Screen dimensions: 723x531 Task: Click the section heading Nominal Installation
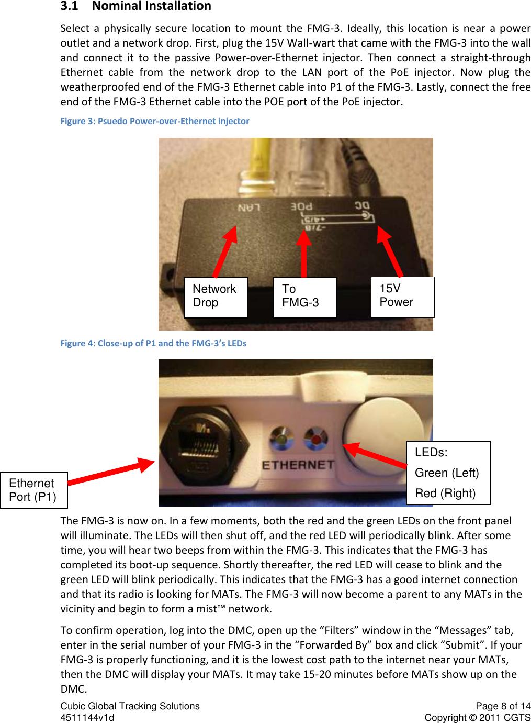tap(151, 6)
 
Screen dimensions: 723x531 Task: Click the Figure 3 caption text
tap(155, 121)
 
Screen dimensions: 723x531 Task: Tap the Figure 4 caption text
tap(153, 343)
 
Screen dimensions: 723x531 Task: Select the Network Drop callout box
tap(216, 297)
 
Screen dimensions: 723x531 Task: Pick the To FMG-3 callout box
tap(304, 297)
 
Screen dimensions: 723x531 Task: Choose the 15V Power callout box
tap(402, 297)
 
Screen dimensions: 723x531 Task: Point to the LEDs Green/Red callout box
tap(448, 473)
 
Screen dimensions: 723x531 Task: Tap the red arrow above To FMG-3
tap(303, 253)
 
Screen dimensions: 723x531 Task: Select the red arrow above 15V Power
tap(390, 250)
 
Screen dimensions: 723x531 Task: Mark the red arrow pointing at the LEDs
tap(374, 454)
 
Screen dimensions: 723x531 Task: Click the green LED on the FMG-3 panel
tap(282, 439)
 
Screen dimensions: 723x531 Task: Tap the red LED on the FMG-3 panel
tap(316, 439)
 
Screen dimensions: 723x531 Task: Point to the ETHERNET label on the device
tap(298, 465)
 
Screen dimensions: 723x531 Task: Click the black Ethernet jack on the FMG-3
tap(204, 443)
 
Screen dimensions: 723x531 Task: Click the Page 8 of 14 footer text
tap(503, 706)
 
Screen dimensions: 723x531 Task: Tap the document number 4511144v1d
tap(87, 718)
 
